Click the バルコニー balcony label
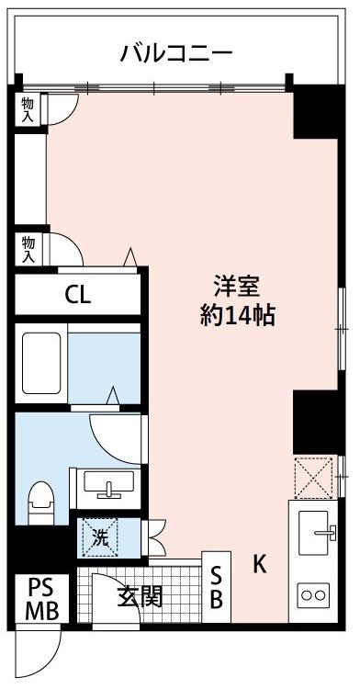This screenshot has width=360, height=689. pos(176,54)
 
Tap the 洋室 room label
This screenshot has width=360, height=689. pos(238,287)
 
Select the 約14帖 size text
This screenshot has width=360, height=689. pos(238,315)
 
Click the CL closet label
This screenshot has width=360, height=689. pos(78,295)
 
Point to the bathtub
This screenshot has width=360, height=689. pos(41,363)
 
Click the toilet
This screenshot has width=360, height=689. pos(40,503)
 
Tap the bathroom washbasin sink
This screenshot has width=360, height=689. pos(108,485)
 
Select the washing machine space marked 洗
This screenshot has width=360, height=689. pos(100,537)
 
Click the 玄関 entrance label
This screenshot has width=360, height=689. pos(140,597)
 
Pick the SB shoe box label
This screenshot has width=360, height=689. pos(216,587)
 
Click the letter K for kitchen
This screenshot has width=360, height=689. pos(260,563)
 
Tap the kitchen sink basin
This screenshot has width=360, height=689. pos(313,532)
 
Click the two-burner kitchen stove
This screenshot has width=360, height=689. pos(313,595)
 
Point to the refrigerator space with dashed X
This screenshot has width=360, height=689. pos(313,478)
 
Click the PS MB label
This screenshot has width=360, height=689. pos(42,598)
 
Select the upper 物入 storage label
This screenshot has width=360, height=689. pos(28,109)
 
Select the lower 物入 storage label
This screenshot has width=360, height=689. pos(28,250)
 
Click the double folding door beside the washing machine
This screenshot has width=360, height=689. pos(156,537)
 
